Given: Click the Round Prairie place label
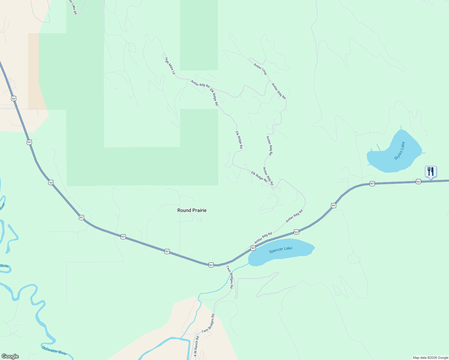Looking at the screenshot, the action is pos(192,210).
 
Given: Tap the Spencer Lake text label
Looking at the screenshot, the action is pos(281,250).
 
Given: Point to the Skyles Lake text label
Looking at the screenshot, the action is pos(399,151).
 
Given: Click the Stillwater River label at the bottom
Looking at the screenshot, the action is pos(54,350).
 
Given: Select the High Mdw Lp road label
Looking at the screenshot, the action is pos(170,66).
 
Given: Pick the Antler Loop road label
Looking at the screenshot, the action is pos(260,69).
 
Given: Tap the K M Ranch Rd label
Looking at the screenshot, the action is pos(196,346).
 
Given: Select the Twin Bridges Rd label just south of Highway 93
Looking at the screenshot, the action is pos(230,277).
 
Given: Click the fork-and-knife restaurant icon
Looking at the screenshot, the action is pos(431,172).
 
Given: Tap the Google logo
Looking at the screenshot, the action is pos(10,356).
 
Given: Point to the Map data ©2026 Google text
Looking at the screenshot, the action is pos(430,358).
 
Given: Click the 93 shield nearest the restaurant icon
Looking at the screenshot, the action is pos(418,181).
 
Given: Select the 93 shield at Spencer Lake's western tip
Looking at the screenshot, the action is pos(253,248).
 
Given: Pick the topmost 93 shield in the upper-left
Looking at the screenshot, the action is pos(13,98).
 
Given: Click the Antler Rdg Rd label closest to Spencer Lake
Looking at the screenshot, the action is pos(263,238).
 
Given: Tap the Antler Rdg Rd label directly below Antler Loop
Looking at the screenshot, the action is pos(279,91).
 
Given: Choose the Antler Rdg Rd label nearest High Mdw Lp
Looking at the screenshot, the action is pos(200,84).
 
